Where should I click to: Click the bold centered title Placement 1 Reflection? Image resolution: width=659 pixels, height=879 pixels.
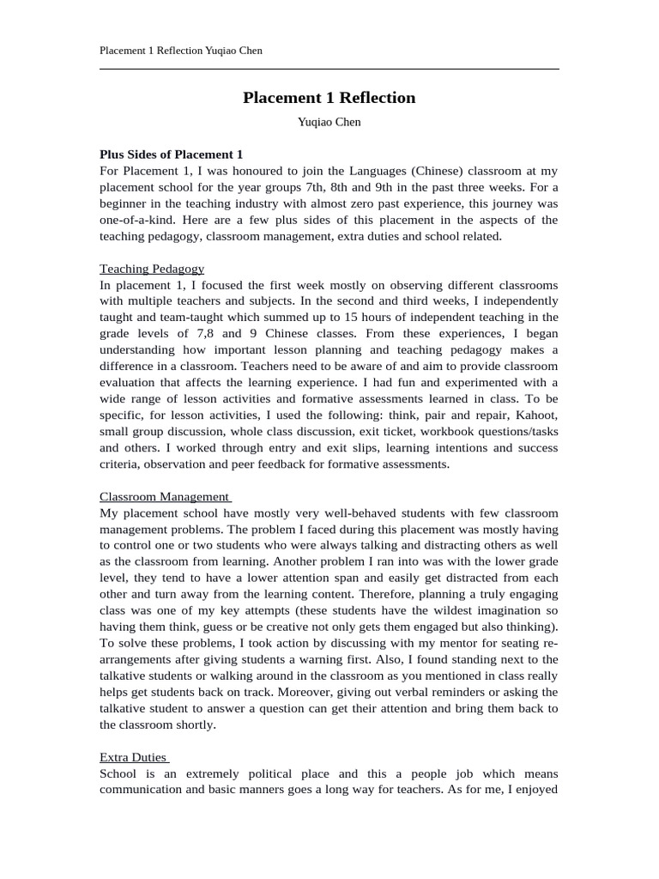coord(329,98)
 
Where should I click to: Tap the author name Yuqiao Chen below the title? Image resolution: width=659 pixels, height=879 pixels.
coord(329,122)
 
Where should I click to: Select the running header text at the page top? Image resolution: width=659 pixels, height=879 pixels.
coord(181,51)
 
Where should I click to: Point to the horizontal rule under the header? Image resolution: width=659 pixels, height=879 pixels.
coord(329,69)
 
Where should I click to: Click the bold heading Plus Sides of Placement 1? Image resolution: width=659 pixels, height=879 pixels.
coord(171,155)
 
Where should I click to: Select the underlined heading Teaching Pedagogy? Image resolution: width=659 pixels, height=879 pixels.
coord(152,269)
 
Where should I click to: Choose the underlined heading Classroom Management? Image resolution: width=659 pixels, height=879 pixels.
coord(164,496)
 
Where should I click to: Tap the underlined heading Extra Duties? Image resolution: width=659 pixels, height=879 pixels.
coord(133,757)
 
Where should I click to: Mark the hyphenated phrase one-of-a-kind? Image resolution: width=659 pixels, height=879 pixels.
coord(133,220)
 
